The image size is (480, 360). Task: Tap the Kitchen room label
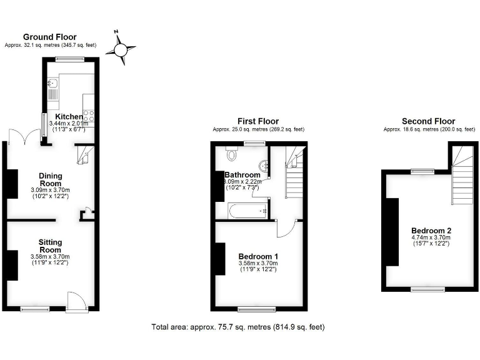coord(69,117)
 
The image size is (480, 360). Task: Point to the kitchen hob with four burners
coord(89,115)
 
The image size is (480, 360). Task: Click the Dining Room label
coord(50,179)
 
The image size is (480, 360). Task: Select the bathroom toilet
coord(232,154)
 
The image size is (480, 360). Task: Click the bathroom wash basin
coord(266,166)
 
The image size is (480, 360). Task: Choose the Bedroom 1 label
coord(258,256)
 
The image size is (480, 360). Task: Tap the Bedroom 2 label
coord(429,229)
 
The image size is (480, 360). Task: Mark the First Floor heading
coord(257,121)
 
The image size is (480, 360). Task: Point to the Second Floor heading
coord(428,121)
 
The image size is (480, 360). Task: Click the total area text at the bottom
coord(238,327)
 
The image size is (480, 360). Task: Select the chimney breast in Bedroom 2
coord(392,231)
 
